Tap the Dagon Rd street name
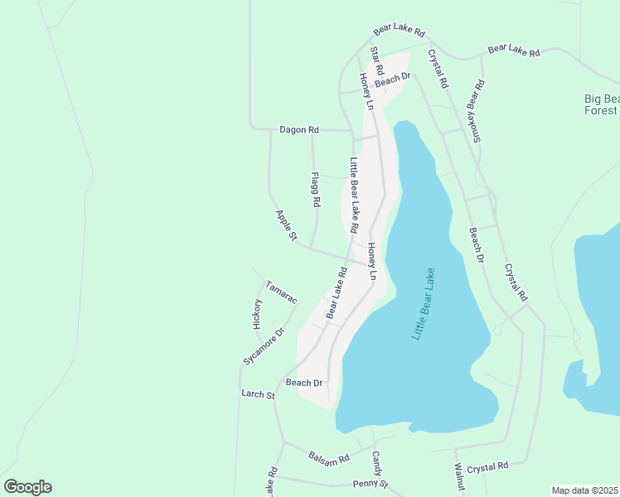299,130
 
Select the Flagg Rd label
315,190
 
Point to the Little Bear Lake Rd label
354,195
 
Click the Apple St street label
286,225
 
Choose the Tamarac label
281,292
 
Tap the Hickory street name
258,315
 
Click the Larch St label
258,395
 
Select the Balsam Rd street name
329,457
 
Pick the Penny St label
370,484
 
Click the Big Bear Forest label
600,104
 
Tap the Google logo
27,487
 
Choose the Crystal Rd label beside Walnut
487,467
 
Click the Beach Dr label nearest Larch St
303,383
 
